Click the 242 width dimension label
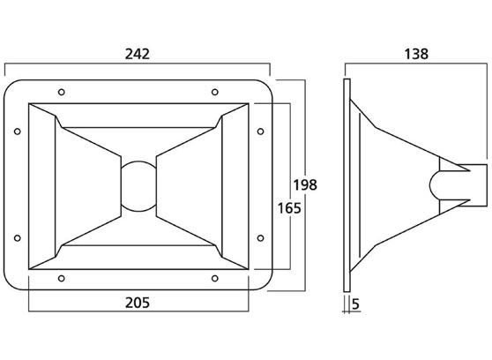click(138, 54)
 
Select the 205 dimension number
click(138, 303)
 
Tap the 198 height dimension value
click(305, 184)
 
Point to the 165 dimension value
click(289, 208)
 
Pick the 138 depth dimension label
click(416, 54)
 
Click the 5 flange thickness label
click(355, 304)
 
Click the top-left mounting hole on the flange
click(62, 92)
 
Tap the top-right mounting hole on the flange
click(215, 92)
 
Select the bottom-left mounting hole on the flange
click(62, 278)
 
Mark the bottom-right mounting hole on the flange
click(215, 278)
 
